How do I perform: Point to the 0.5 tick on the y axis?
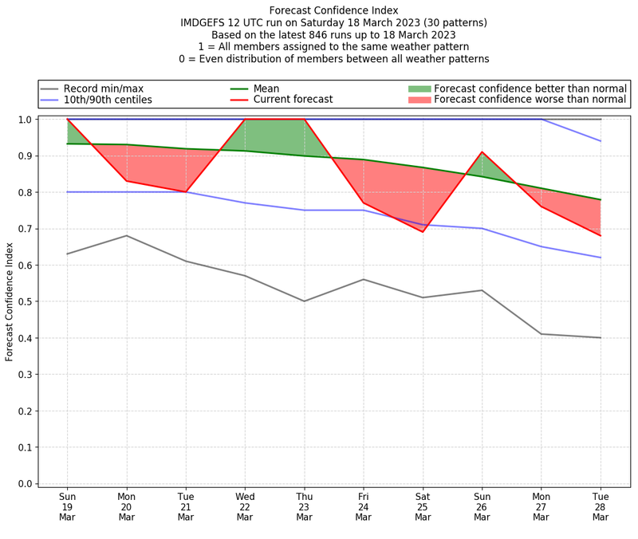click(x=25, y=301)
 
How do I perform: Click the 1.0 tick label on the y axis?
click(x=25, y=120)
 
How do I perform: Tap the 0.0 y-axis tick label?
click(x=25, y=484)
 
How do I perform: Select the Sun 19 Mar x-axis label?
click(x=67, y=506)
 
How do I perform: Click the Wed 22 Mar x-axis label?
click(x=245, y=506)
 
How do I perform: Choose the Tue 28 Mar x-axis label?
click(x=601, y=506)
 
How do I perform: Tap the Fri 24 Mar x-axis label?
click(x=364, y=506)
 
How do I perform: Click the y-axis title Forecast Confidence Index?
click(x=10, y=301)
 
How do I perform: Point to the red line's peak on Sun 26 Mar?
click(x=482, y=152)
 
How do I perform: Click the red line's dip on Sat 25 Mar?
click(x=423, y=232)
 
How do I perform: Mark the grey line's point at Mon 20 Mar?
click(x=126, y=235)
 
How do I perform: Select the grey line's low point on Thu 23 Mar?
click(x=304, y=301)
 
